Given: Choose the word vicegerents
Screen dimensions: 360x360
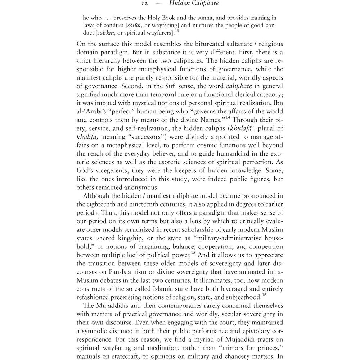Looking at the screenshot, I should click(x=111, y=171).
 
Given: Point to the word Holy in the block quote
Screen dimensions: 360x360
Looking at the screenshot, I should click(x=165, y=17).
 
